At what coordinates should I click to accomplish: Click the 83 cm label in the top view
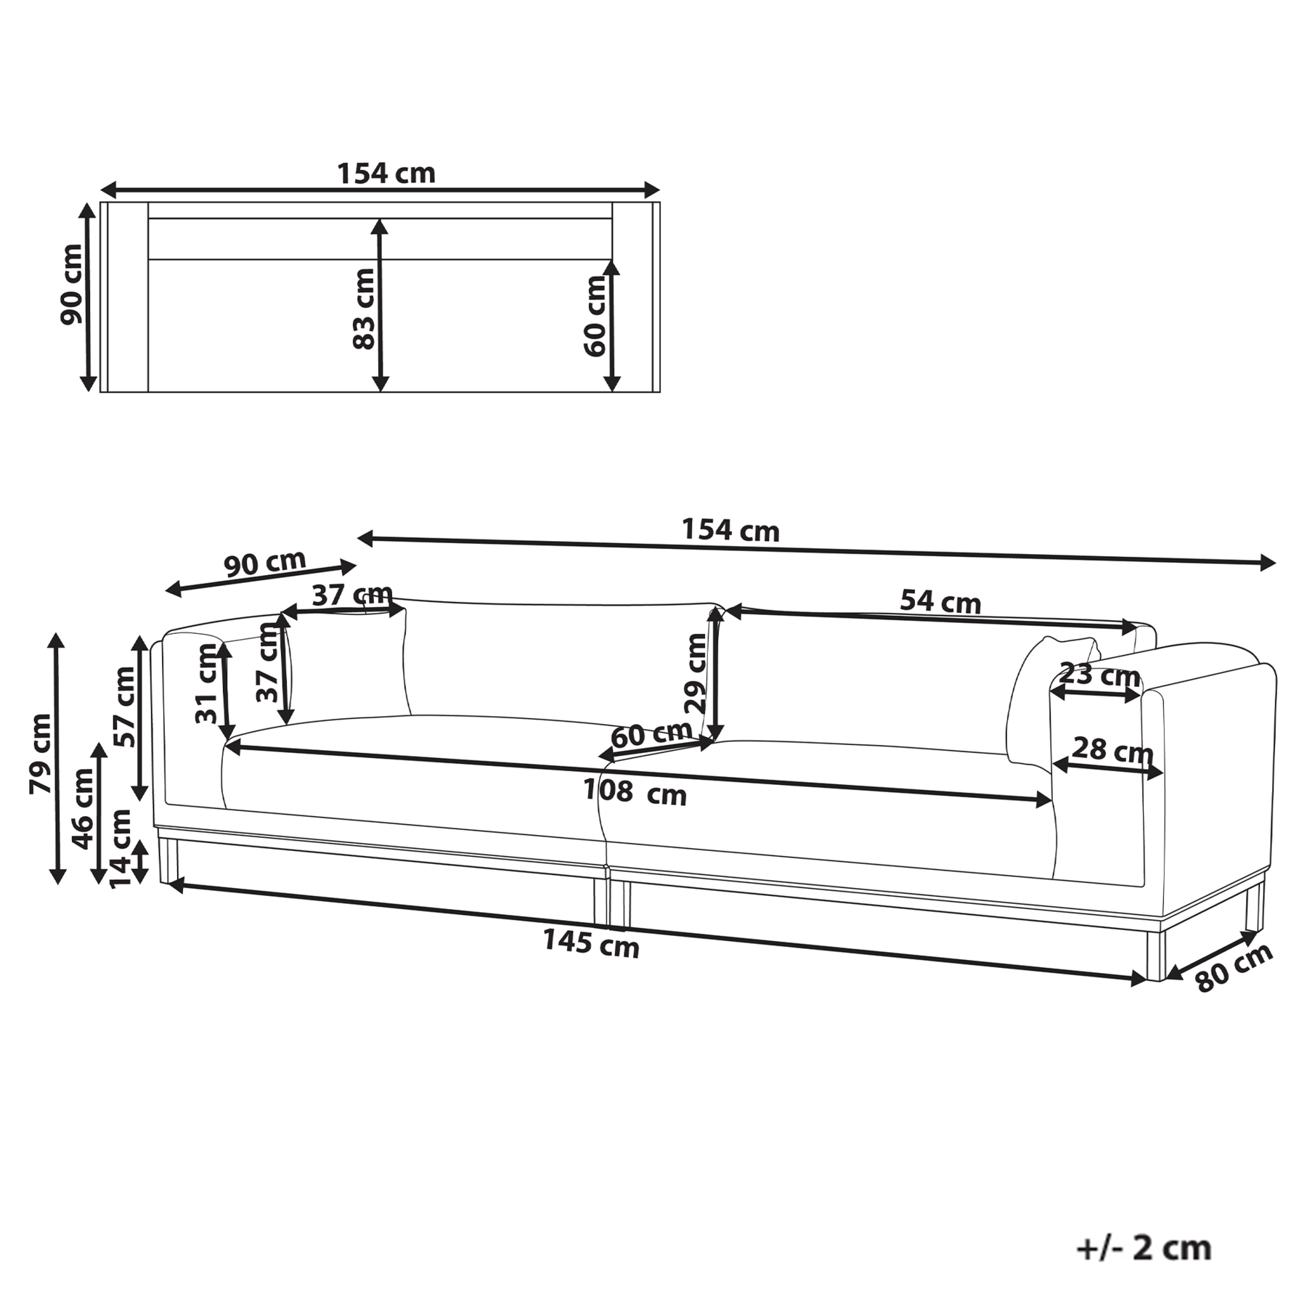(364, 309)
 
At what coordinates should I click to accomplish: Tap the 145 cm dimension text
(591, 944)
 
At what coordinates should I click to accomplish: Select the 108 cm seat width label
(635, 791)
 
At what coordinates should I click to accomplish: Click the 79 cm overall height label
(41, 753)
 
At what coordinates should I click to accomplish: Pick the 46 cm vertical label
(83, 808)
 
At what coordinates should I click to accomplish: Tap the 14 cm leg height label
(120, 847)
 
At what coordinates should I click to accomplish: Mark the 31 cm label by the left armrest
(207, 683)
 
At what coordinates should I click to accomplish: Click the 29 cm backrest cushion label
(695, 672)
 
